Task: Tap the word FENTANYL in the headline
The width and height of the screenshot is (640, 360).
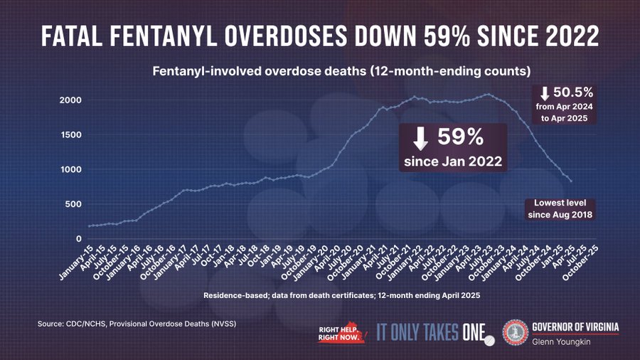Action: click(169, 36)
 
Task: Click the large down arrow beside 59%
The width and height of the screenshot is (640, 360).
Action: click(420, 138)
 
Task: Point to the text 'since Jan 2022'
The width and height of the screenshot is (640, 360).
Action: click(452, 162)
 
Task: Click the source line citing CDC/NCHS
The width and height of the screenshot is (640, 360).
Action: click(137, 324)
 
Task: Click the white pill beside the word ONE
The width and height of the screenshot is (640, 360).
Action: click(489, 342)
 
